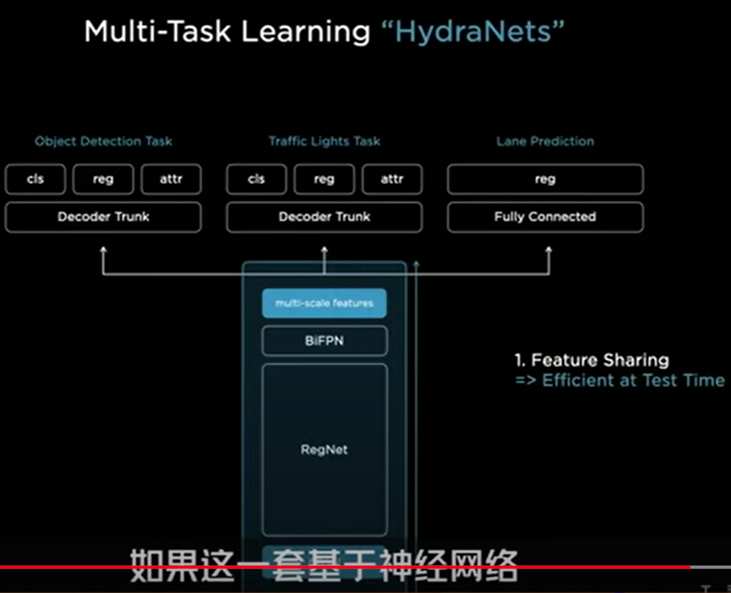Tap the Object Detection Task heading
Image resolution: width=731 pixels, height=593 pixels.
coord(103,141)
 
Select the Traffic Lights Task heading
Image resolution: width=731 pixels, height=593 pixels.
coord(324,141)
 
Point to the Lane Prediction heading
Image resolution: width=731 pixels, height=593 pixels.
coord(545,141)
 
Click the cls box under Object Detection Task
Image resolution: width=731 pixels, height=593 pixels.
coord(35,179)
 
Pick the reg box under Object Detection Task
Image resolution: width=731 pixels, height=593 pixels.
coord(103,179)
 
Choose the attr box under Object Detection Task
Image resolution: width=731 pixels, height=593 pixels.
coord(171,179)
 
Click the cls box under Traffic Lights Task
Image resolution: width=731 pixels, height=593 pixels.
coord(256,179)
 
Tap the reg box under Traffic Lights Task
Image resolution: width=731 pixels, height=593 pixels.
coord(324,179)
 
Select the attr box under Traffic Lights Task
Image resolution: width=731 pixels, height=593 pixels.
coord(392,179)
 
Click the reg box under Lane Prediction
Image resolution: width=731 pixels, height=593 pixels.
coord(545,179)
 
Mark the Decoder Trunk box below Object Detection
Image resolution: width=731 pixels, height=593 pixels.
coord(103,217)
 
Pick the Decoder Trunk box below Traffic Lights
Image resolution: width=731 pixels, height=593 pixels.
coord(324,217)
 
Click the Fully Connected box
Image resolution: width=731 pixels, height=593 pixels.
coord(545,217)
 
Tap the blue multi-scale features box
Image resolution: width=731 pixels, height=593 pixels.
coord(324,303)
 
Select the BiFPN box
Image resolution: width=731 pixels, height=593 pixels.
coord(324,341)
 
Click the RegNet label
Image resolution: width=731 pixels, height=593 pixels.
coord(324,450)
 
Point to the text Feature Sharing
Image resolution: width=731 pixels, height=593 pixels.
coord(600,361)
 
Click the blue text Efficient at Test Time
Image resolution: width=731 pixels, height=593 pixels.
coord(633,381)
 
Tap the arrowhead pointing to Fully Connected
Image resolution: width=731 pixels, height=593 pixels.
coord(549,251)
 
